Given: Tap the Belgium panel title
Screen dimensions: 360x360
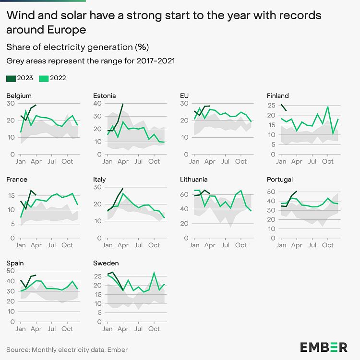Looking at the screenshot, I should pyautogui.click(x=19, y=96).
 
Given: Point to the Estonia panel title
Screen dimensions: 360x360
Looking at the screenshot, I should pyautogui.click(x=104, y=96).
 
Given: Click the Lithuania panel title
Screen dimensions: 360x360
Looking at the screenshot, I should pyautogui.click(x=194, y=180).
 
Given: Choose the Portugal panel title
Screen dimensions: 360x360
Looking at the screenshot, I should pyautogui.click(x=280, y=180).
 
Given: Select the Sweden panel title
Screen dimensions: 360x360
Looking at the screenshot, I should pyautogui.click(x=106, y=263).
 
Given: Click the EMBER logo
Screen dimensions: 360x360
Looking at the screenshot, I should pyautogui.click(x=324, y=347).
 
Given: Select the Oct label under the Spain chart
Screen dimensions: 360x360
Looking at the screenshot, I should pyautogui.click(x=67, y=329).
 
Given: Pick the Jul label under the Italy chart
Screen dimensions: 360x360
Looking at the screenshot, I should pyautogui.click(x=139, y=245).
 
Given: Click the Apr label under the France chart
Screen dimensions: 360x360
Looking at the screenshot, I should pyautogui.click(x=36, y=245).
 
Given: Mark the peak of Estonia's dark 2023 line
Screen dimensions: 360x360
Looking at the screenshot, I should pyautogui.click(x=123, y=104).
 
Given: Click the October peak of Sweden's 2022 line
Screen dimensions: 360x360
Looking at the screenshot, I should pyautogui.click(x=154, y=273).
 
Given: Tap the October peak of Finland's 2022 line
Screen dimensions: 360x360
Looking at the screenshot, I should pyautogui.click(x=328, y=107).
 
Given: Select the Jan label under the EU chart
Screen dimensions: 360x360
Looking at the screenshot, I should pyautogui.click(x=194, y=162).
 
